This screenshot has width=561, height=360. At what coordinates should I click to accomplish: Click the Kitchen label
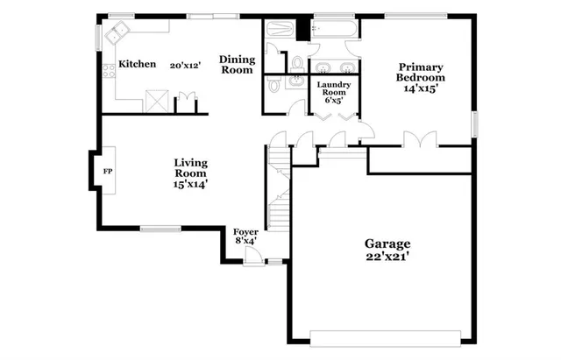click(138, 64)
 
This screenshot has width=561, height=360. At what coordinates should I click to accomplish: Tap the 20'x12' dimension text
click(186, 65)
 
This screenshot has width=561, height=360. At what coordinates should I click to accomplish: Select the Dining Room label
click(237, 64)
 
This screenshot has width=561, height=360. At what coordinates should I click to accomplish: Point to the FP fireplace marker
click(108, 171)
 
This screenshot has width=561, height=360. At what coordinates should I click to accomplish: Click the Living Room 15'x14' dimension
click(190, 184)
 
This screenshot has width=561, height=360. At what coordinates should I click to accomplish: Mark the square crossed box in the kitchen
click(158, 100)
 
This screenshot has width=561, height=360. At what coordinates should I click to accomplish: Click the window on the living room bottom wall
click(160, 229)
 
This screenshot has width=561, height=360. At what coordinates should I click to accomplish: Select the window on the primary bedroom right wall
click(473, 124)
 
